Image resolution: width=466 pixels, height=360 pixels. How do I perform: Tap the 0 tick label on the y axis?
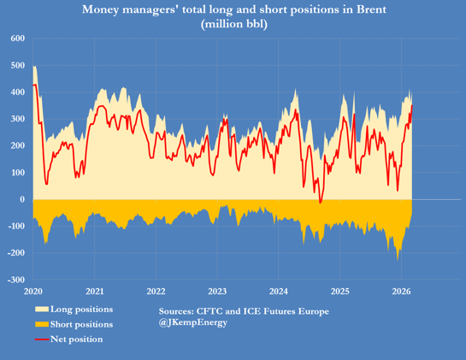(23, 199)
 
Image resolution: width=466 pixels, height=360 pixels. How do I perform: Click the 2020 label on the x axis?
(34, 290)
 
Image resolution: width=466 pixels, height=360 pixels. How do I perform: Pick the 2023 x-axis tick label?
(217, 290)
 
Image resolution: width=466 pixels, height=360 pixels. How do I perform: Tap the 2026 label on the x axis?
(401, 290)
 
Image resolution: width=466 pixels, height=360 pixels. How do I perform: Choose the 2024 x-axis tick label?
(279, 290)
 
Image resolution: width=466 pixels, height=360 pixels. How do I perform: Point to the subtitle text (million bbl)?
(233, 24)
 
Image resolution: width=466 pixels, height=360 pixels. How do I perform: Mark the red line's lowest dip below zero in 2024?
(321, 203)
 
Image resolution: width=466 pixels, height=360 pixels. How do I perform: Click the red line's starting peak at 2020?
(34, 85)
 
